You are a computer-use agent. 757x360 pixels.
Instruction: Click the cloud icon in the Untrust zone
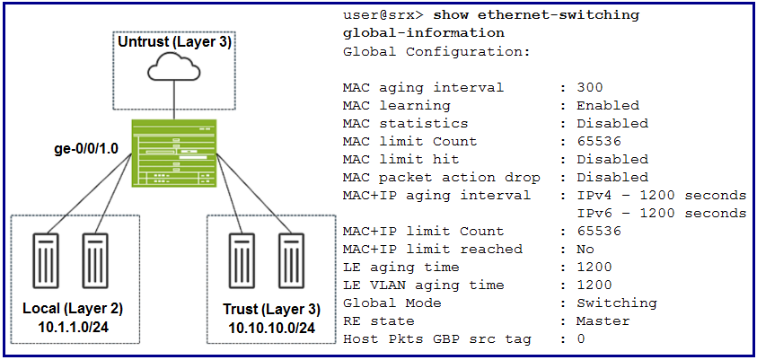174,68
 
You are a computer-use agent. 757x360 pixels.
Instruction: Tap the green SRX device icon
174,154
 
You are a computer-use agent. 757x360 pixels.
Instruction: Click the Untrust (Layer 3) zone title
175,42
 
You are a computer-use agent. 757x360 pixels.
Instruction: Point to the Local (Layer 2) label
73,308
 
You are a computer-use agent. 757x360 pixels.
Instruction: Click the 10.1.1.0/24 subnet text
73,327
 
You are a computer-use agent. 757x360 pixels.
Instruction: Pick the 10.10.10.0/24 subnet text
272,329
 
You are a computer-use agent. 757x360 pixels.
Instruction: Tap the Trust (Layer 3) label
272,310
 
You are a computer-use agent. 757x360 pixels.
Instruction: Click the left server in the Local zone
47,260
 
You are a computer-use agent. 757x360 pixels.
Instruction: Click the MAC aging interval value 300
590,88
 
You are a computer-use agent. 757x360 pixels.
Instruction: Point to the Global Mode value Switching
617,303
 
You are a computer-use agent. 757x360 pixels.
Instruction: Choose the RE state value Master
603,320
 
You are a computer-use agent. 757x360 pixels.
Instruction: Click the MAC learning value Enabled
608,106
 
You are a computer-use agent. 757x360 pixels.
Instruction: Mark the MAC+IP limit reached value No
585,249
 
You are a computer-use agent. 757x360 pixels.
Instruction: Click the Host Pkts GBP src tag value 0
581,339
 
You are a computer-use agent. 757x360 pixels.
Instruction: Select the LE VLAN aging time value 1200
594,285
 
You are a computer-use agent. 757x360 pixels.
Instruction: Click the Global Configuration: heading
437,52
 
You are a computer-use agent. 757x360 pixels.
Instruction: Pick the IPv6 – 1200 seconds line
662,214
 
